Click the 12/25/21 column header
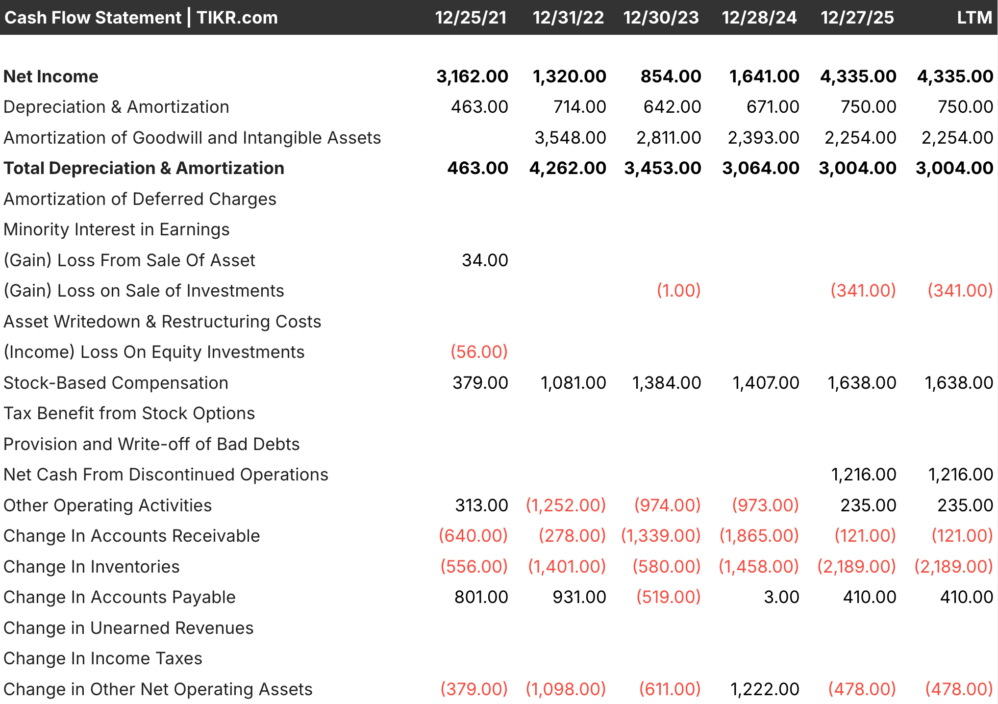[471, 18]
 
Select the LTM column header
[974, 18]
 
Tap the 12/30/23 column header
[661, 18]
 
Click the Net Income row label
[51, 76]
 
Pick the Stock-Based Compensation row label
[116, 383]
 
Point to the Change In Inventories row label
[92, 567]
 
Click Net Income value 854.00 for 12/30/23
[671, 76]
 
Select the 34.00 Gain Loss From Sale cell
[485, 260]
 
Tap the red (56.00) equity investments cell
[479, 352]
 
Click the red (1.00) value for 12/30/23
[678, 291]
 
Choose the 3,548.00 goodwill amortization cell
[570, 138]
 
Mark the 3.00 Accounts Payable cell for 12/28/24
[781, 597]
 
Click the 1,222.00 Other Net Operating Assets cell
[765, 689]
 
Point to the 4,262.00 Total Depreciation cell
[568, 168]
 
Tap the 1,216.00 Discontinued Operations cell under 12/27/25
[863, 475]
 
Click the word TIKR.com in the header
[237, 18]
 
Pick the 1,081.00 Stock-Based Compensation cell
[573, 383]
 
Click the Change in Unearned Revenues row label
[128, 628]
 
